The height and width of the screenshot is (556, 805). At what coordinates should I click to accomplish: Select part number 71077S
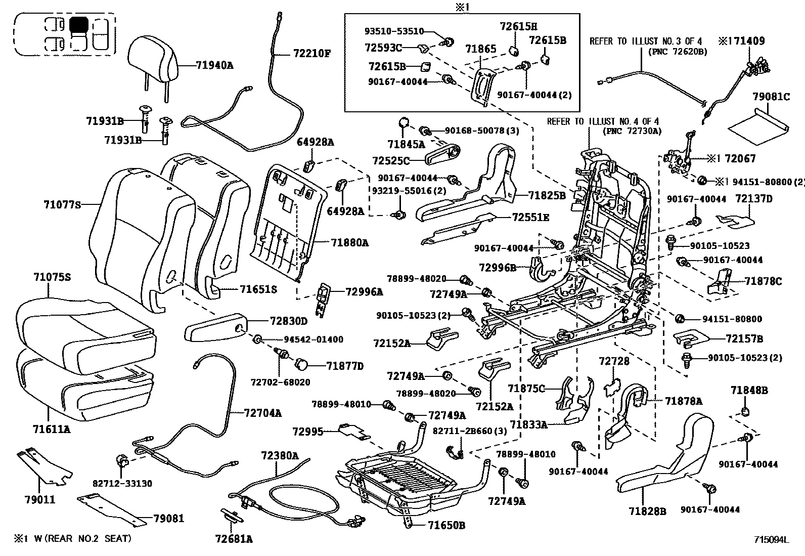tap(62, 204)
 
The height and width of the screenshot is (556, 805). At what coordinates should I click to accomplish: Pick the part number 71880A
tap(350, 243)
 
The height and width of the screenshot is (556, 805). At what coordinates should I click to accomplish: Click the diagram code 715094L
tap(771, 540)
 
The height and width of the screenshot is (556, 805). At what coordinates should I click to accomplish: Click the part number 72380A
tap(280, 455)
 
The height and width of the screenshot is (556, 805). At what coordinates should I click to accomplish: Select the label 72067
tap(740, 159)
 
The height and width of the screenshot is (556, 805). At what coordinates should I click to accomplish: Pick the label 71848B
tap(749, 390)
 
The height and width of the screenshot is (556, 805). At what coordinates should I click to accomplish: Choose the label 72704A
tap(262, 413)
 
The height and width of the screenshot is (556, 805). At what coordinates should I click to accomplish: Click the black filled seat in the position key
tap(78, 24)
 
